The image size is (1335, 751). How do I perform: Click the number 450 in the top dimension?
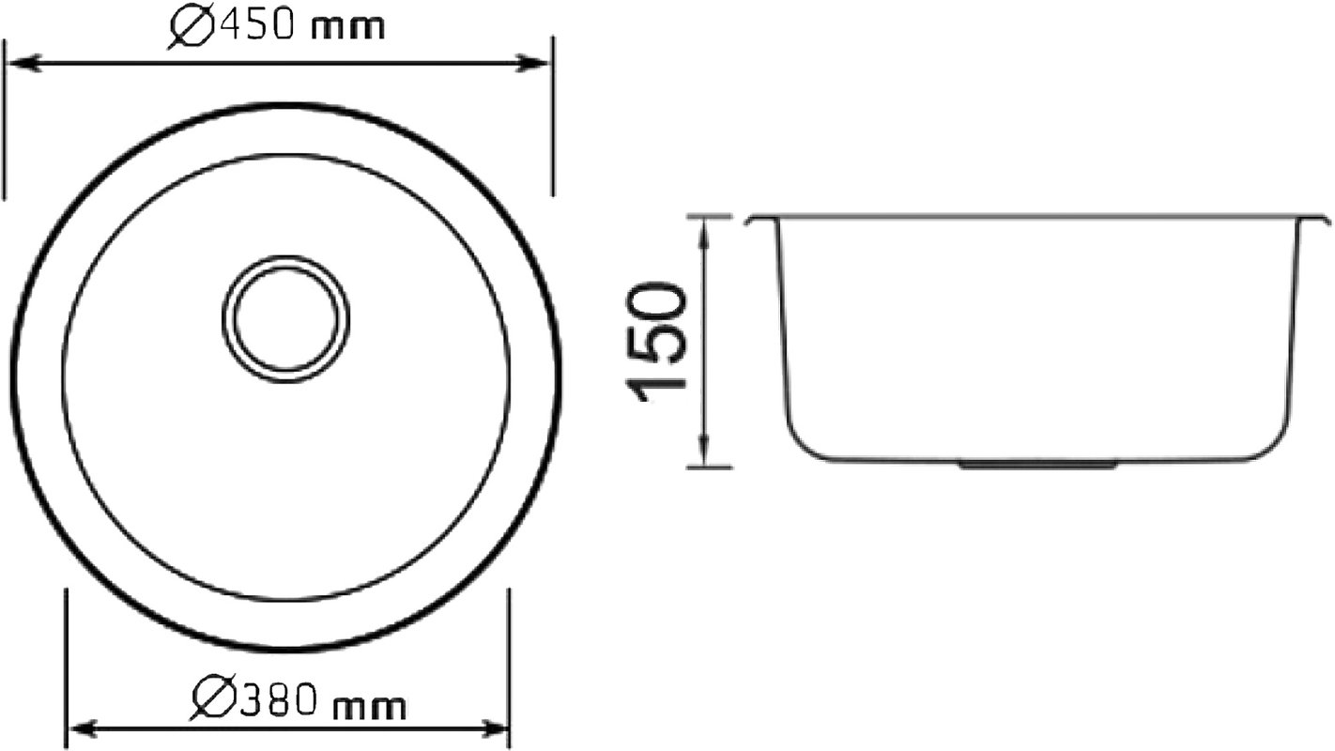coord(257,25)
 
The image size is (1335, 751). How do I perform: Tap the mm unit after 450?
coord(348,28)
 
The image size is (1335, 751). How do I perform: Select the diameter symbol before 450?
coord(192,27)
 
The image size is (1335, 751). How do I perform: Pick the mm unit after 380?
coord(370,708)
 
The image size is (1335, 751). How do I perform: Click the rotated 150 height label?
coord(656,343)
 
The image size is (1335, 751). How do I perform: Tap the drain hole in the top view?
coord(286,319)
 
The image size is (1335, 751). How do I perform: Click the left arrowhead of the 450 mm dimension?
coord(23,62)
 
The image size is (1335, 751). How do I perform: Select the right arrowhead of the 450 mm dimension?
coord(531,63)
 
